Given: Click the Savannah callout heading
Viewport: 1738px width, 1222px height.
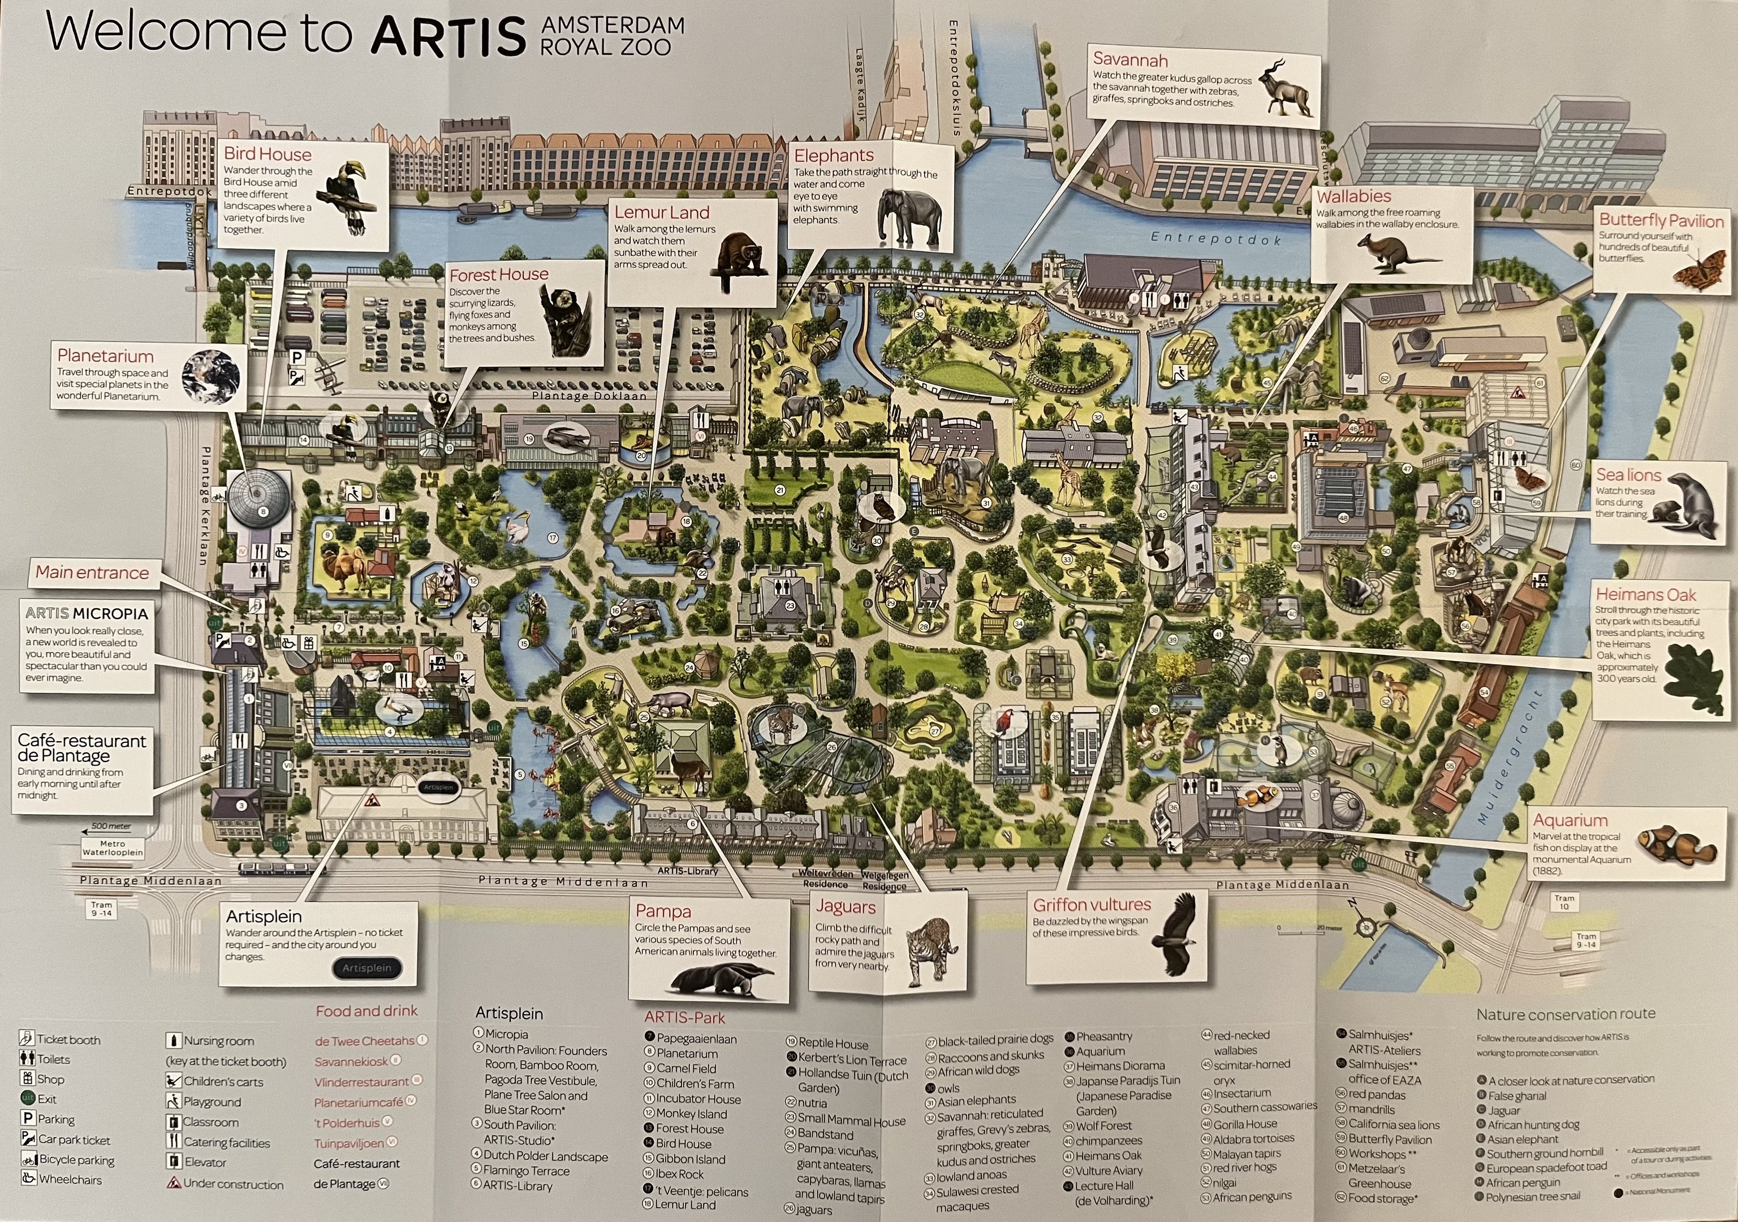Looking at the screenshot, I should click(x=1130, y=60).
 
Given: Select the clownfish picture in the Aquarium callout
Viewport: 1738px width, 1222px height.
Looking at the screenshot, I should click(x=1677, y=844).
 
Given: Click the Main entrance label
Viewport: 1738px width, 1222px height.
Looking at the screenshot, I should click(x=92, y=573).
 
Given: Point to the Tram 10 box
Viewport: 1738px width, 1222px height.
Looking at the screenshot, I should click(x=1564, y=902).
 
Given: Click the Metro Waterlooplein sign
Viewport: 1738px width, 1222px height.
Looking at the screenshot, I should click(x=112, y=848).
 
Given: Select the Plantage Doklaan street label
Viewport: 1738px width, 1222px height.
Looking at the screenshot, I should click(x=589, y=395).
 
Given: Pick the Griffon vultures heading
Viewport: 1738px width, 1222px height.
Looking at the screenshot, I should click(x=1092, y=904).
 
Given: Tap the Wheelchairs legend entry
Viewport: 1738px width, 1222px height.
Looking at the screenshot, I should click(x=70, y=1179).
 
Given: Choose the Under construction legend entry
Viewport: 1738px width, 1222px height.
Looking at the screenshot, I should click(x=232, y=1184).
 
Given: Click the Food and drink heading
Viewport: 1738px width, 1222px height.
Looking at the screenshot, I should click(x=366, y=1011).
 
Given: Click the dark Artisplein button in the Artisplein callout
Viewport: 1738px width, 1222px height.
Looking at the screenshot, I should click(x=367, y=967).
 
